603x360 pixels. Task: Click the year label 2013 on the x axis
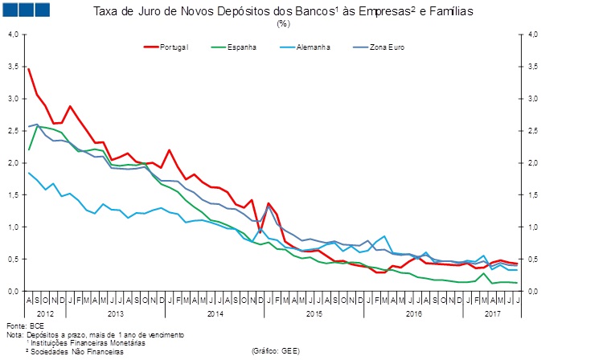[115, 313]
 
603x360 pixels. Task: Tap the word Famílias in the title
[449, 12]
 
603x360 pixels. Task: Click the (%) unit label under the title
[283, 23]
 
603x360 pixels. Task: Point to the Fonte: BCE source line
[22, 326]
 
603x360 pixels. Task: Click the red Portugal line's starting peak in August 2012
[29, 69]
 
